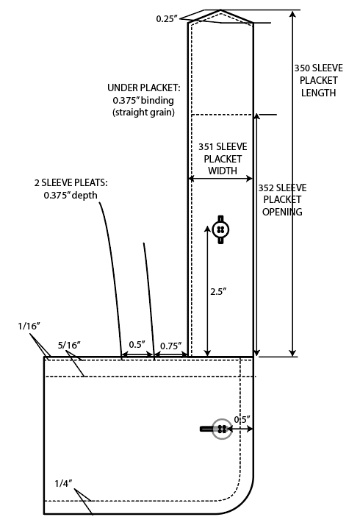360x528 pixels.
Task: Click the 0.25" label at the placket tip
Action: [167, 19]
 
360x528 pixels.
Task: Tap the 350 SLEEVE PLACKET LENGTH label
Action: [319, 80]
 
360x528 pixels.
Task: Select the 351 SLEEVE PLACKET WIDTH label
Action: [223, 159]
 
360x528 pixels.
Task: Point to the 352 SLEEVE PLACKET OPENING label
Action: [282, 200]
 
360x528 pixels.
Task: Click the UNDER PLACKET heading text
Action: [144, 88]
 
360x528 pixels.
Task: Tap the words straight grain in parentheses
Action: [144, 112]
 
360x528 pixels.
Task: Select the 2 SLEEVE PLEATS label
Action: [71, 183]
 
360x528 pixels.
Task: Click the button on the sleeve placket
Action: [220, 229]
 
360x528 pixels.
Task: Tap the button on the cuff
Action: [222, 429]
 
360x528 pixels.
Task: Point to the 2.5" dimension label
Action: [218, 292]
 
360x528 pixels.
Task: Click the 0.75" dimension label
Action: [171, 346]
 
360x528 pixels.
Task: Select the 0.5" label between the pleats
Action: [137, 345]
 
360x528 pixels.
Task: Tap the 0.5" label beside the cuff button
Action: [242, 420]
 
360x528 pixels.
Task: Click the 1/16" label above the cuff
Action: [29, 326]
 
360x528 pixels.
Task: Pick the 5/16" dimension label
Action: [69, 345]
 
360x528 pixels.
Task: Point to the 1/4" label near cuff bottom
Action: [63, 484]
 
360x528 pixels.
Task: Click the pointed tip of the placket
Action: [220, 11]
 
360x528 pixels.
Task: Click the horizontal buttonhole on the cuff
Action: [209, 429]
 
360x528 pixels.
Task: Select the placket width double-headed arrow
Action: [220, 179]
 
